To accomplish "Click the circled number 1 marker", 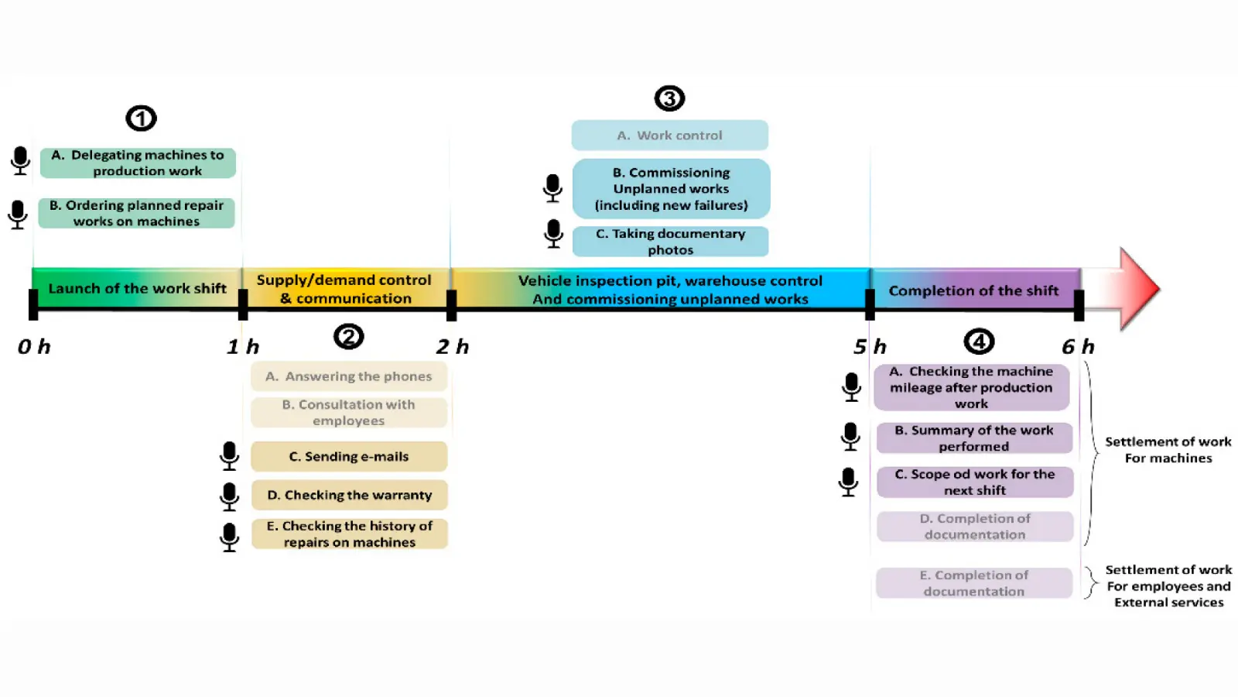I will [x=141, y=118].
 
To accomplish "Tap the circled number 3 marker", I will [x=669, y=98].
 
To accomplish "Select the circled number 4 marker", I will [x=979, y=342].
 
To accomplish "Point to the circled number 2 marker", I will [x=348, y=337].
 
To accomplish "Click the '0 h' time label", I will [x=34, y=347].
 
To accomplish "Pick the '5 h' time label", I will [x=870, y=347].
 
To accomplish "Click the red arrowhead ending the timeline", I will [x=1137, y=289].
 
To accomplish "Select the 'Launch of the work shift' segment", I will [x=137, y=289].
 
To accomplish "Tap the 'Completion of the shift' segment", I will [x=973, y=290].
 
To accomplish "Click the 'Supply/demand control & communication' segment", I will [x=345, y=289].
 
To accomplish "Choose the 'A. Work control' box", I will [x=669, y=136].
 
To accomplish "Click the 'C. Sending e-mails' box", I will [x=349, y=457].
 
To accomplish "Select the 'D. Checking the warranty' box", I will [x=349, y=495].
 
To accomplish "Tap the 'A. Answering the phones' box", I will [x=349, y=376].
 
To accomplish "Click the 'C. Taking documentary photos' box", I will [x=670, y=242].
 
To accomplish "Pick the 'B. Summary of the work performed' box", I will [x=974, y=438].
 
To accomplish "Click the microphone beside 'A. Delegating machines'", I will [x=21, y=161].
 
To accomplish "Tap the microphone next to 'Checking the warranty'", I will [x=229, y=496].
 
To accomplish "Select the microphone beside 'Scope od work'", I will [x=848, y=482].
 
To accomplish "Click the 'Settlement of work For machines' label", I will [x=1168, y=450].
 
